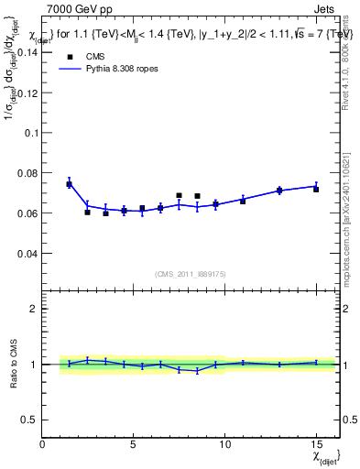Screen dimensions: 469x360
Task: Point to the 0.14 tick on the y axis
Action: pyautogui.click(x=27, y=52)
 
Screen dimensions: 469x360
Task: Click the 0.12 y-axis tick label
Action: pyautogui.click(x=27, y=93)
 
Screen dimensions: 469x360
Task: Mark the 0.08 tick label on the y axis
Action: pyautogui.click(x=27, y=172)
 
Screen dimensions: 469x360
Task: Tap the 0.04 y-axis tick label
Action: pyautogui.click(x=27, y=253)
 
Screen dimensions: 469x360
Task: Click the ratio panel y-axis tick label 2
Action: pyautogui.click(x=34, y=309)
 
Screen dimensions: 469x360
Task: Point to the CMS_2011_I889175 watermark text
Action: pyautogui.click(x=191, y=273)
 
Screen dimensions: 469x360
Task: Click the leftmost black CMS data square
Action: pyautogui.click(x=69, y=184)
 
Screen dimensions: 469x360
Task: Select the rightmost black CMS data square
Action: pyautogui.click(x=316, y=189)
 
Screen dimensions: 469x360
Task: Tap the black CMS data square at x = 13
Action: pyautogui.click(x=279, y=191)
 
